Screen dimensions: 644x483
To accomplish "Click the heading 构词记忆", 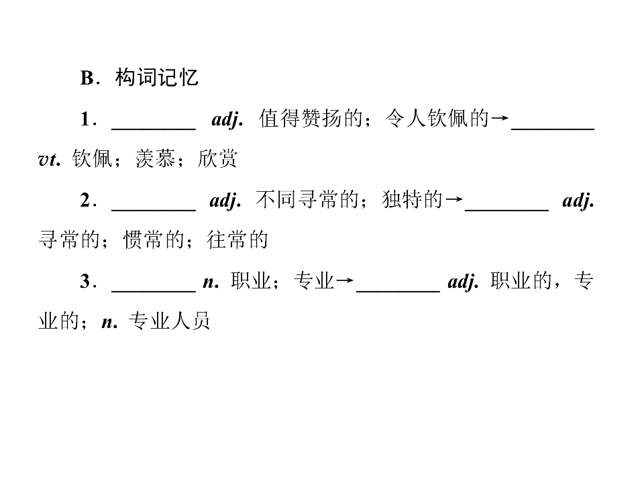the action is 156,77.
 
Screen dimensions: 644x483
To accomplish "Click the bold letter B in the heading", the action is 87,78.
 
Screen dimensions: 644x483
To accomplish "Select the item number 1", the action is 85,119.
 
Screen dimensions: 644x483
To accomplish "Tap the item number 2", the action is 85,201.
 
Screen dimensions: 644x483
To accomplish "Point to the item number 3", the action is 85,281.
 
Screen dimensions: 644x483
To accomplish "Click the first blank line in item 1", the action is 154,129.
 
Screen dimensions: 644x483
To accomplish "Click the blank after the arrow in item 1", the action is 553,129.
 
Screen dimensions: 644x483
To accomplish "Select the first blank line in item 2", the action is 154,210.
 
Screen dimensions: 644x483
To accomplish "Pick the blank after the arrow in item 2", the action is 507,210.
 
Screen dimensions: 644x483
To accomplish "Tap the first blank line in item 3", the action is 154,291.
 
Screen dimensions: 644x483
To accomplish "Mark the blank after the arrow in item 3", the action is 398,291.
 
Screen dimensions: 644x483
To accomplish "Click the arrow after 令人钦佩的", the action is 500,119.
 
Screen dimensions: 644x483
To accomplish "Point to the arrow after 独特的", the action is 454,200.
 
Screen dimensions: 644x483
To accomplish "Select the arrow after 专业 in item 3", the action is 345,281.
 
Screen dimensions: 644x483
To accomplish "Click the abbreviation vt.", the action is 50,160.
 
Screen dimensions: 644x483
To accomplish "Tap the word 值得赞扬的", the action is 311,119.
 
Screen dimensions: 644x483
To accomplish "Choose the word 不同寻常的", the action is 307,200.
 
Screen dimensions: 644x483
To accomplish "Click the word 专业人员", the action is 169,321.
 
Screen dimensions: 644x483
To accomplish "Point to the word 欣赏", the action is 217,159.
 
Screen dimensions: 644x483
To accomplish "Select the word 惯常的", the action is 154,240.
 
